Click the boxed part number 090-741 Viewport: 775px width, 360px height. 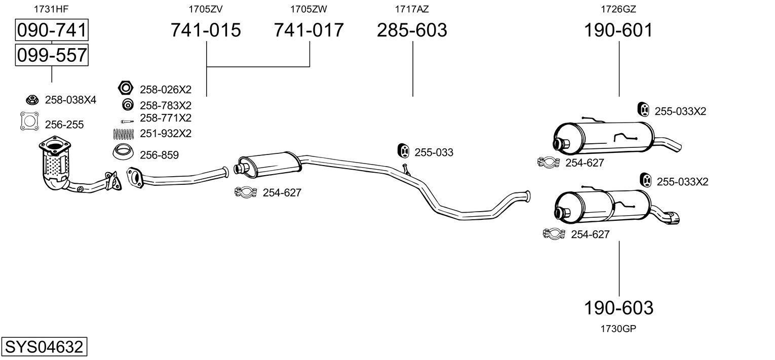click(52, 30)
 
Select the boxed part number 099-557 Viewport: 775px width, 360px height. click(52, 55)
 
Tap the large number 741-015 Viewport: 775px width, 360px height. click(206, 30)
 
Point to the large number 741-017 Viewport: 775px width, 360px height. click(308, 30)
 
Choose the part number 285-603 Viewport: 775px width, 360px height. click(412, 30)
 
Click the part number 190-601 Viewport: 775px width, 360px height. click(618, 30)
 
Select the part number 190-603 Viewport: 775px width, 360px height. click(618, 307)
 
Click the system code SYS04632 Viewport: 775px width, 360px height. click(44, 346)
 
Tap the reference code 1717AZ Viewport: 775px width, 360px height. click(412, 9)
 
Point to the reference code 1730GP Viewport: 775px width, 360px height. click(618, 329)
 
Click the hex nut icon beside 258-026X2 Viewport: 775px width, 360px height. click(125, 88)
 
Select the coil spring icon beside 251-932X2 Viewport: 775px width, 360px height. click(124, 134)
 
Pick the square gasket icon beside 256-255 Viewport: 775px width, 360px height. click(29, 121)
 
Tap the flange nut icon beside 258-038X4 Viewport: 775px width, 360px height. click(32, 100)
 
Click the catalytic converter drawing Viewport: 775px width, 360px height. click(56, 163)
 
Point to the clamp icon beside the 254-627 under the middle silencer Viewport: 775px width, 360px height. click(246, 192)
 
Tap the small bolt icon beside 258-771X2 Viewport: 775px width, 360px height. click(127, 122)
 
